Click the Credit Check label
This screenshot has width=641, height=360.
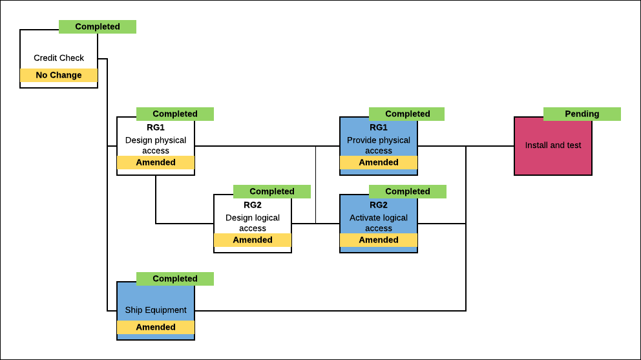tap(59, 58)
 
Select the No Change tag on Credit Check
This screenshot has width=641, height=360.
tap(59, 75)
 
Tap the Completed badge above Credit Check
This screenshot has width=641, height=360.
tap(98, 26)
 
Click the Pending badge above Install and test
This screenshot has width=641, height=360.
tap(582, 114)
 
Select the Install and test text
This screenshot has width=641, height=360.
tap(553, 145)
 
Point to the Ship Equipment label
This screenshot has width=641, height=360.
tap(156, 310)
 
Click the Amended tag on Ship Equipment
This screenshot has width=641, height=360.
tap(156, 327)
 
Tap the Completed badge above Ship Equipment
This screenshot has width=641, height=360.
tap(175, 279)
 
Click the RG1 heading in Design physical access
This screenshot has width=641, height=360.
tap(156, 127)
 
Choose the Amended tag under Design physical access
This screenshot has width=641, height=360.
tap(156, 162)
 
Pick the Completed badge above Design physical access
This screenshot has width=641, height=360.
tap(175, 114)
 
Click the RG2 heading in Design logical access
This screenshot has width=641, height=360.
tap(253, 205)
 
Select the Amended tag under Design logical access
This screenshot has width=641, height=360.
tap(253, 240)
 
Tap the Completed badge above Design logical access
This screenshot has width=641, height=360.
tap(272, 191)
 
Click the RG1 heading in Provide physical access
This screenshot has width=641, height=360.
tap(379, 127)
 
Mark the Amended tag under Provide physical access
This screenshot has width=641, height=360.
tap(379, 162)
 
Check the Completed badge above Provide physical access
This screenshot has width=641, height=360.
tap(407, 114)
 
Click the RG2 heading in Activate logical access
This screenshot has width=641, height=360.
tap(379, 205)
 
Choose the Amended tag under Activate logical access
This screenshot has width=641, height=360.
tap(379, 240)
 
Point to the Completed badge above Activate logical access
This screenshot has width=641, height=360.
tap(408, 191)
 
